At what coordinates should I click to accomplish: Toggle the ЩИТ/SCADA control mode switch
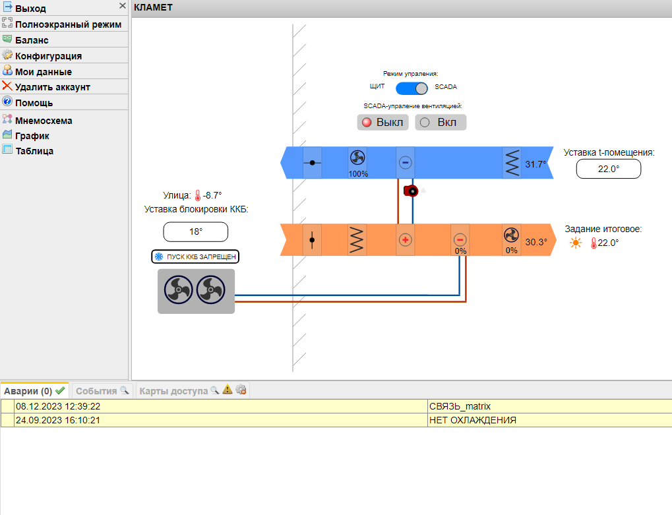tap(412, 88)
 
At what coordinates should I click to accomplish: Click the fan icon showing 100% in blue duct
tap(357, 158)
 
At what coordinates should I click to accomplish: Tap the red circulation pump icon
tap(411, 191)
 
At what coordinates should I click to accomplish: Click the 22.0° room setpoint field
tap(609, 169)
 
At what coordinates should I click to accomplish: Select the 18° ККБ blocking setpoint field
tap(195, 232)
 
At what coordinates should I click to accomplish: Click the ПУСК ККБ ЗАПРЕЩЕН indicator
tap(195, 257)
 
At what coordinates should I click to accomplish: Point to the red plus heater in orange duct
tap(406, 239)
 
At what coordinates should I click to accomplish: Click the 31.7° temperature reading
tap(535, 165)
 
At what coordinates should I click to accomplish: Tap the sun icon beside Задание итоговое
tap(576, 243)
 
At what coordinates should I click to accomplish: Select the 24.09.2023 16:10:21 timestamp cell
tap(221, 420)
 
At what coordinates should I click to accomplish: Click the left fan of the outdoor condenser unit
tap(178, 289)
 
